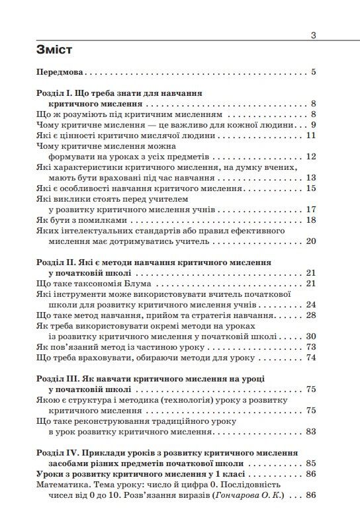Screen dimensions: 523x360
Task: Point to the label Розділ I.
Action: point(57,94)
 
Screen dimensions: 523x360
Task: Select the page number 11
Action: point(312,136)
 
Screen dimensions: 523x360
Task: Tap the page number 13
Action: point(312,177)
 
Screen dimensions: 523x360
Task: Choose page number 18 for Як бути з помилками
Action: point(312,220)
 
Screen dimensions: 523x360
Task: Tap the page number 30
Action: point(312,336)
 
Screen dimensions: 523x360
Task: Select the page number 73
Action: point(312,346)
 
